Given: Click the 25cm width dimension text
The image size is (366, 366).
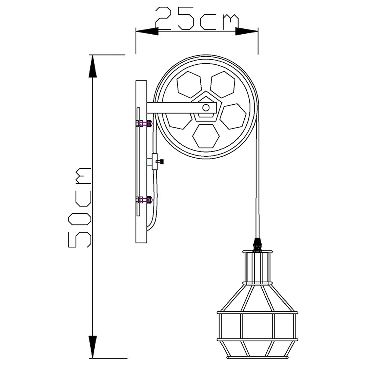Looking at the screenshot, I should point(197,19).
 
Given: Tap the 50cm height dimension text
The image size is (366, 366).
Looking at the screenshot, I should point(80,207).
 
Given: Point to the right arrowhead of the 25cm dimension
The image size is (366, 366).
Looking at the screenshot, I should point(247,31).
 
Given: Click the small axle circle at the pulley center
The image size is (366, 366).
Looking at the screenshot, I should point(206,108).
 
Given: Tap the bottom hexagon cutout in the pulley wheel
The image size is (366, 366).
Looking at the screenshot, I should point(205,136).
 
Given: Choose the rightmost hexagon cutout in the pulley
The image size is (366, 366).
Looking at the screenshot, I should point(233,116).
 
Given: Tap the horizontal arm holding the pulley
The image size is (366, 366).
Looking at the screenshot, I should point(176,108).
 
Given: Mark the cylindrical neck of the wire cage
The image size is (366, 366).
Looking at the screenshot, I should point(258,268).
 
